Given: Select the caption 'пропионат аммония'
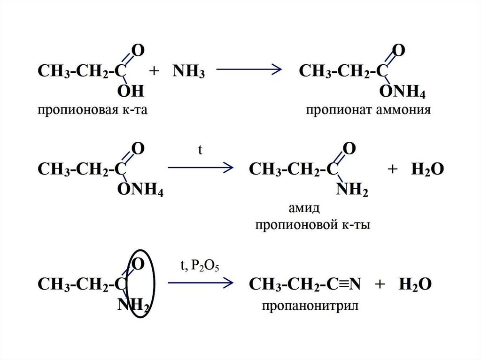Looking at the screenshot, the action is pyautogui.click(x=368, y=110).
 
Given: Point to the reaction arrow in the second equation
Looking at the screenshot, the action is pyautogui.click(x=201, y=167).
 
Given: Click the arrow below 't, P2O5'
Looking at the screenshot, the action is pyautogui.click(x=201, y=283).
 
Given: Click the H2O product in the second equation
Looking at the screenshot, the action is pyautogui.click(x=427, y=169).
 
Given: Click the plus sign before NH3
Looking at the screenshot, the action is pyautogui.click(x=153, y=72).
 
